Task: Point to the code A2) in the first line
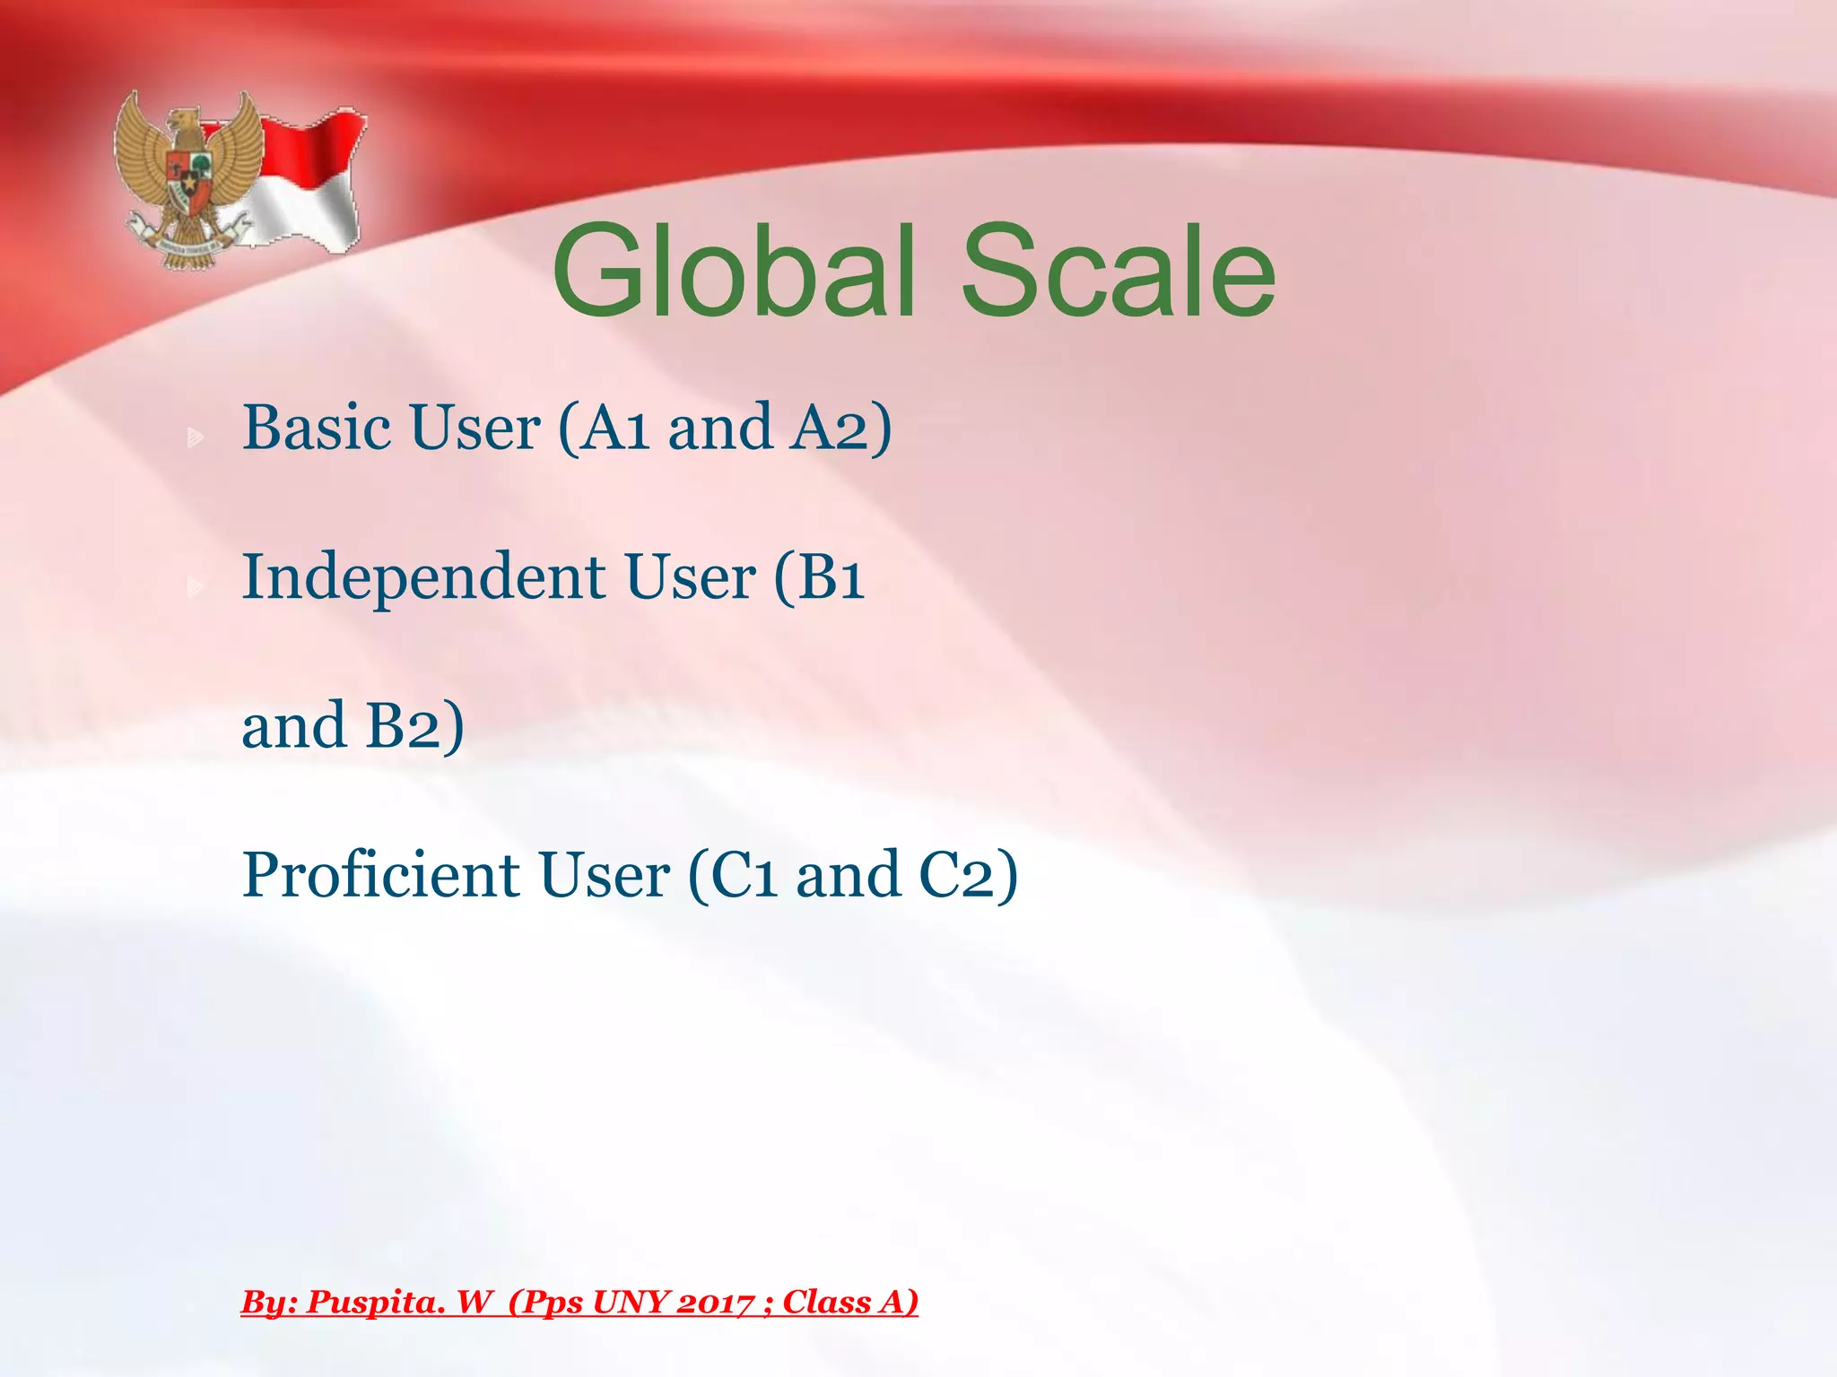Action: tap(840, 429)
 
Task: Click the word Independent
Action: tap(422, 578)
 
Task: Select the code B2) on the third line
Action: tap(414, 726)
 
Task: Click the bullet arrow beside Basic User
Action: tap(195, 438)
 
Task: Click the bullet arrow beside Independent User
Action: tap(195, 587)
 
